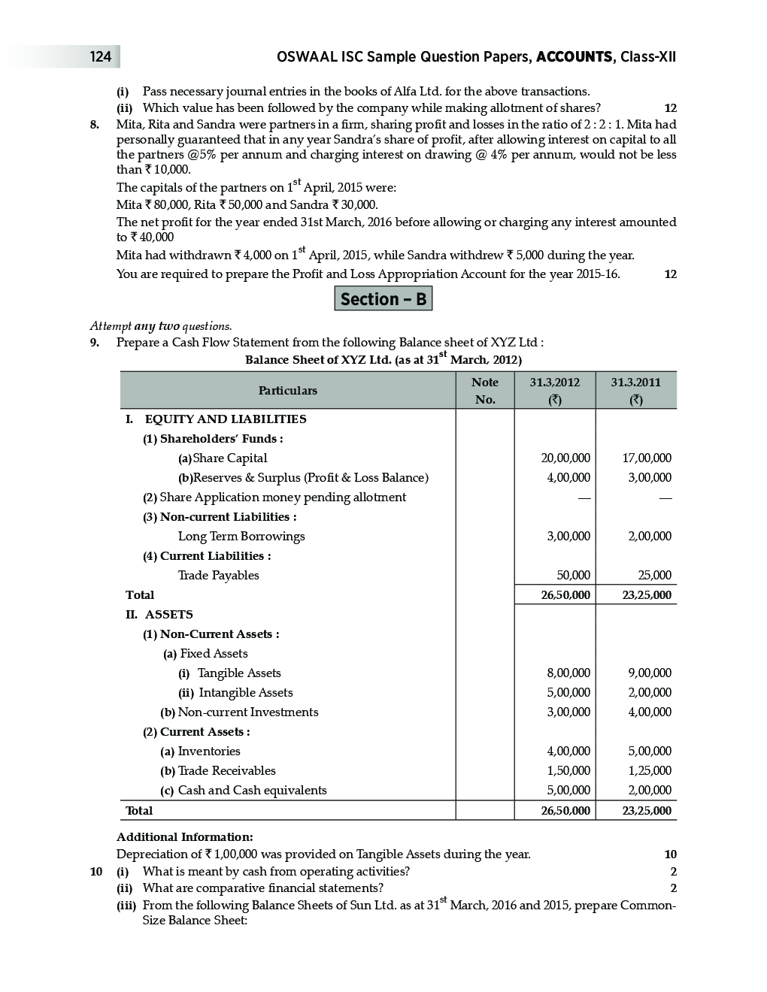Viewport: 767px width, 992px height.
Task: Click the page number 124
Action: click(x=100, y=57)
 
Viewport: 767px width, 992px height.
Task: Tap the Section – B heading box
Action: click(x=383, y=299)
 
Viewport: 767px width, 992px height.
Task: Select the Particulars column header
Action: click(x=287, y=391)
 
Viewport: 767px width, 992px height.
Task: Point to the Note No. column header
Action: click(x=485, y=391)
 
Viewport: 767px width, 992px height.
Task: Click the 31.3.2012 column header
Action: click(x=555, y=391)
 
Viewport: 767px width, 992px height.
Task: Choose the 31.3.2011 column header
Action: click(x=636, y=391)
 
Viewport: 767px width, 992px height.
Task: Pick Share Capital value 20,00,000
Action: click(x=565, y=458)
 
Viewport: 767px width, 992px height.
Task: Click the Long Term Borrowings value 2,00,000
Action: click(x=647, y=537)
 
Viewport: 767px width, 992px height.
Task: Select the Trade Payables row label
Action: click(x=218, y=576)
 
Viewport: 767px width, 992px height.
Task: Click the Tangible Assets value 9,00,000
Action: click(x=647, y=673)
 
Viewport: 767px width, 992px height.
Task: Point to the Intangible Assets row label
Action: click(x=245, y=693)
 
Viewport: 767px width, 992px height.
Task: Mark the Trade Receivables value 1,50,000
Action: click(x=568, y=771)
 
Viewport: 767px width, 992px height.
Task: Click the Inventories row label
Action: click(x=208, y=752)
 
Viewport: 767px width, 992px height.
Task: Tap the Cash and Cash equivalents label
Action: click(x=251, y=791)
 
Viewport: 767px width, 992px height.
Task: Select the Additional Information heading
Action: click(x=185, y=837)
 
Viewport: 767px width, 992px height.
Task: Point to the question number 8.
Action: click(x=94, y=125)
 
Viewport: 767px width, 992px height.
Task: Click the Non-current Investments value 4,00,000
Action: click(x=647, y=712)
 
